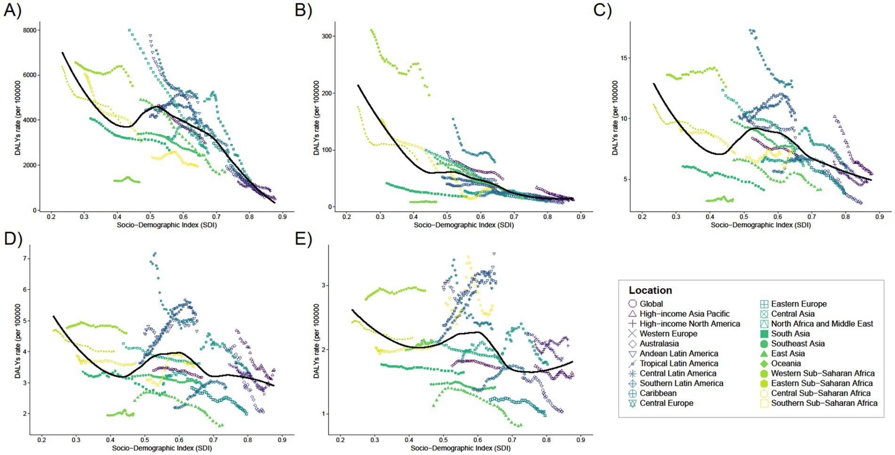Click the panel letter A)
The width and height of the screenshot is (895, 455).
pos(12,10)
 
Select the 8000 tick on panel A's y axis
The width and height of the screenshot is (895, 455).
pos(31,30)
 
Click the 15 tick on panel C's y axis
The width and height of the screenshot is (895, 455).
pos(625,58)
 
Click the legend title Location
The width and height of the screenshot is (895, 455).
pos(650,290)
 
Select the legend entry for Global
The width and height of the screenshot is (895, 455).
pos(651,304)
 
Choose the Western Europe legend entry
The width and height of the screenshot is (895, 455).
pos(668,334)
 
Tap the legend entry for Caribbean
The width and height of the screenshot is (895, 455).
pos(658,393)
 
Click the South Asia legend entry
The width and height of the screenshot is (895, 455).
pos(790,334)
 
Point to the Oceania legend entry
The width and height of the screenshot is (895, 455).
pos(785,363)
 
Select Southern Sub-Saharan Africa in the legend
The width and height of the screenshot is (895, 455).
pos(824,403)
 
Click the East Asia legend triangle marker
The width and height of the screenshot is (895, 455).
pos(764,353)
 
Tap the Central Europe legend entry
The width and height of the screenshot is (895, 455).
pos(666,403)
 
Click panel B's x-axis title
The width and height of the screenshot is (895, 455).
pos(463,225)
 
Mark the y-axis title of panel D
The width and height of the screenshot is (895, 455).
pos(18,341)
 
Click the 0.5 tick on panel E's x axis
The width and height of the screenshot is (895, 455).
pos(443,440)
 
